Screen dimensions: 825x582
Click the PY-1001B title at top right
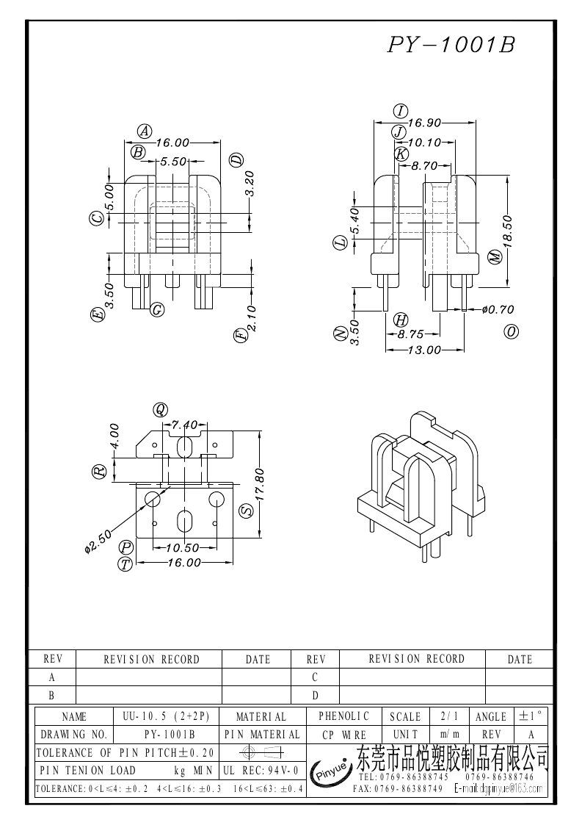[x=451, y=46]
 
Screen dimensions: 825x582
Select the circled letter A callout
[x=145, y=132]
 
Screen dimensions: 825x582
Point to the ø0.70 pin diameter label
[x=498, y=309]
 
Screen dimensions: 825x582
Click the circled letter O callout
[x=512, y=331]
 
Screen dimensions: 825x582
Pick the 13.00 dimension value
[x=425, y=350]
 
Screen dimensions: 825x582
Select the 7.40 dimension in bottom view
[x=184, y=425]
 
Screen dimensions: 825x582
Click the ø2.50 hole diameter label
[x=97, y=541]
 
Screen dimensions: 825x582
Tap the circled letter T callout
[x=126, y=563]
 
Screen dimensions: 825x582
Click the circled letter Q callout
[x=161, y=410]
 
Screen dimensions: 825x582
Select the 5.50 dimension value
[x=173, y=162]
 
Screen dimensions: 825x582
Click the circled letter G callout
[x=156, y=309]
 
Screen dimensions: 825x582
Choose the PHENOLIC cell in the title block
[x=344, y=716]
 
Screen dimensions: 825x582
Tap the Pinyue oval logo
[x=331, y=771]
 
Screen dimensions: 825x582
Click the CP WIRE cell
[x=344, y=735]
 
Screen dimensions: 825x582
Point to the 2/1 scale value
[x=446, y=716]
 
